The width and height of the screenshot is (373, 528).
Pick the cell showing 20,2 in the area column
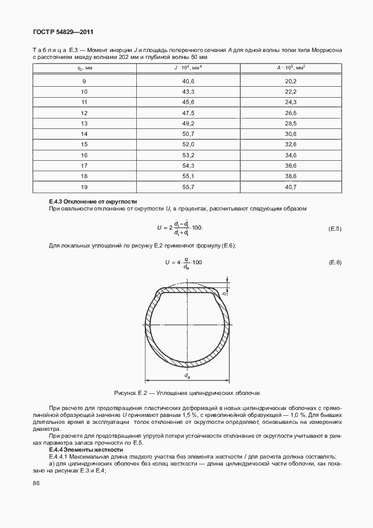(290, 81)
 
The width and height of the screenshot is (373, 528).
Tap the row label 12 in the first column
(84, 113)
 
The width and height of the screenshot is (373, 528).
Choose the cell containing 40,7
(290, 186)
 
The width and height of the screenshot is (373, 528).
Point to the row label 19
(84, 186)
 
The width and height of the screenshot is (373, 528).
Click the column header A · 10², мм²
(290, 68)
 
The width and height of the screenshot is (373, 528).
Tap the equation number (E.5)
(335, 229)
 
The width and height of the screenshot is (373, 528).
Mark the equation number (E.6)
(335, 263)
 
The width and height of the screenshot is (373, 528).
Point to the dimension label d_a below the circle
(188, 376)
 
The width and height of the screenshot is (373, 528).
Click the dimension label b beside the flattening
(224, 294)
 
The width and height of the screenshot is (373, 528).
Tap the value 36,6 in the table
(290, 165)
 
